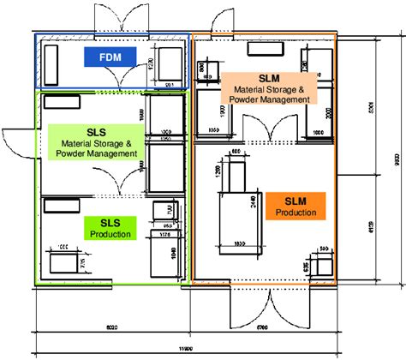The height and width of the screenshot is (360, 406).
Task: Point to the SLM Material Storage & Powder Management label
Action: [x=266, y=88]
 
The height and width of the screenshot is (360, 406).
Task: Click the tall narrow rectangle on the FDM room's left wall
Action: [x=51, y=63]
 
